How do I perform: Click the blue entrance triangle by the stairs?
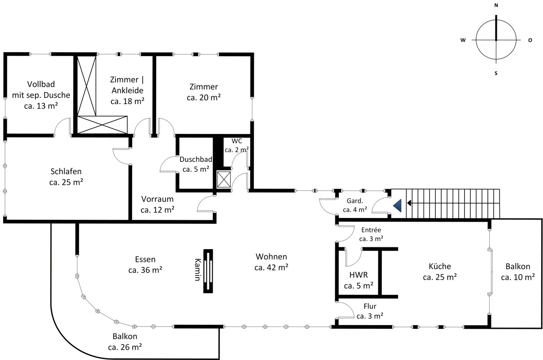[x=398, y=206]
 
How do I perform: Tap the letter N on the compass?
[x=496, y=5]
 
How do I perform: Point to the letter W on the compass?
[x=463, y=40]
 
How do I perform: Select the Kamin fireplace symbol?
[x=208, y=271]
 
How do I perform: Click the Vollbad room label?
[x=41, y=84]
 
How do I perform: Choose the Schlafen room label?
[x=66, y=171]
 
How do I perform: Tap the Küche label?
[x=440, y=266]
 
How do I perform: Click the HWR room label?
[x=358, y=275]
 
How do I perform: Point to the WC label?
[x=237, y=141]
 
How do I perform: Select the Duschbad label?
[x=196, y=159]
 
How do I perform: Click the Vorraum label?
[x=157, y=199]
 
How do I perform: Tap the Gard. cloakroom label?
[x=355, y=201]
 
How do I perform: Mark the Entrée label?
[x=371, y=230]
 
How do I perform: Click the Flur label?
[x=370, y=306]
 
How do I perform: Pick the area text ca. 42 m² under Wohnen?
[x=271, y=267]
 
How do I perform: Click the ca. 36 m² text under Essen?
[x=145, y=270]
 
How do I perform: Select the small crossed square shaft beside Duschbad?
[x=224, y=180]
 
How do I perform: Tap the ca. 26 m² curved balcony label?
[x=125, y=347]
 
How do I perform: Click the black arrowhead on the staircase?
[x=409, y=203]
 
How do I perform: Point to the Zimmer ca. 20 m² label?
[x=204, y=92]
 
